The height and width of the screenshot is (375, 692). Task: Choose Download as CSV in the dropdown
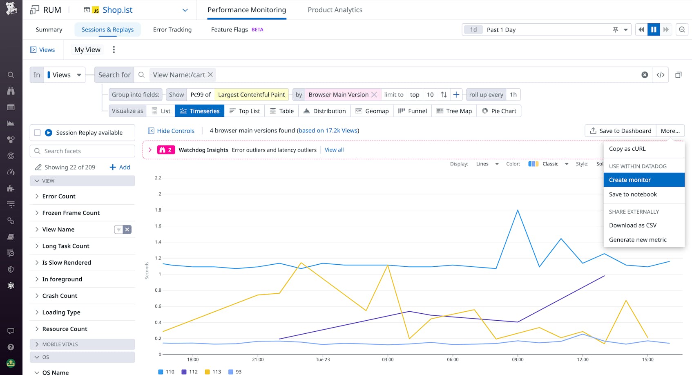coord(632,225)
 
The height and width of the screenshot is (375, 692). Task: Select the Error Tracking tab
coord(172,29)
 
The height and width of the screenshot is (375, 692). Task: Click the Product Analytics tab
coord(335,10)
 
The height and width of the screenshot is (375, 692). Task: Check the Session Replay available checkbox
coord(37,133)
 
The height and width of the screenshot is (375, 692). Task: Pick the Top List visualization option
coord(245,111)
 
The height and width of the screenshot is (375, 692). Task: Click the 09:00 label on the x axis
coord(518,359)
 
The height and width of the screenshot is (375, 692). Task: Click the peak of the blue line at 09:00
coord(518,210)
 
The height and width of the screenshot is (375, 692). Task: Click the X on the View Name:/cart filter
coord(210,75)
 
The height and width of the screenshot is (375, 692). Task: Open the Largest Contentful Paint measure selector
coord(251,95)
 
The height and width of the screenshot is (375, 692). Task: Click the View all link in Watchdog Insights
coord(334,150)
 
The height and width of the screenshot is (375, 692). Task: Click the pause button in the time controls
coord(653,29)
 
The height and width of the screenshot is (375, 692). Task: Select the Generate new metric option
coord(637,240)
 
